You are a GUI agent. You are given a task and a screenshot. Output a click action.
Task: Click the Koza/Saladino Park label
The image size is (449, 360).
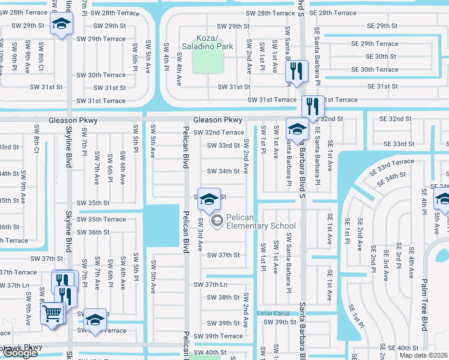(208, 42)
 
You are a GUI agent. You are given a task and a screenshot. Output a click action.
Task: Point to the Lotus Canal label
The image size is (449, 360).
(273, 313)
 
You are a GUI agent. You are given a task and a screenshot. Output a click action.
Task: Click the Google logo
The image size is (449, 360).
(19, 353)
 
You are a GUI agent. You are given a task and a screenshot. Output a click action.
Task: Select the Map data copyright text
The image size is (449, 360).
(424, 355)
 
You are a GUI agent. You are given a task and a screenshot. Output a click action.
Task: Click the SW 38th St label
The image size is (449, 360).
(223, 298)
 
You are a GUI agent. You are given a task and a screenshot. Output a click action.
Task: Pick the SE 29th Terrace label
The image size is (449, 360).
(375, 44)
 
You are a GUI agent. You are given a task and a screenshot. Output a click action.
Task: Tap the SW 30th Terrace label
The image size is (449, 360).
(101, 75)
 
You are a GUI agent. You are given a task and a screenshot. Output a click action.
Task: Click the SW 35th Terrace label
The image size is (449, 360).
(101, 219)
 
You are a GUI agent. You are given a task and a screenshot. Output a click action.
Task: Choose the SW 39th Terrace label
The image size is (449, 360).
(223, 336)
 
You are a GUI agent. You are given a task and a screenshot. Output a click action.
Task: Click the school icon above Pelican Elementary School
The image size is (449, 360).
(208, 199)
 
